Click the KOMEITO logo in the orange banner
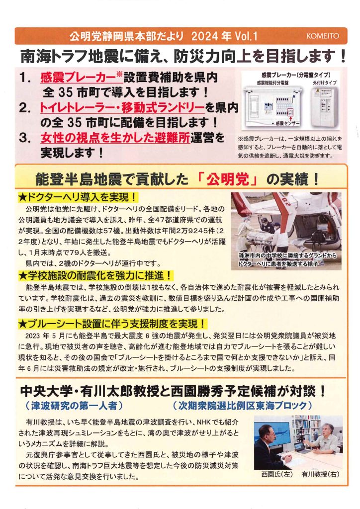click(x=322, y=36)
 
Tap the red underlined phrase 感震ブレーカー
click(x=78, y=77)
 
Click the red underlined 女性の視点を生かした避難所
click(x=115, y=138)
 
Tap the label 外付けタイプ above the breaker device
click(x=325, y=83)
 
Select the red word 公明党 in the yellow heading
click(x=228, y=179)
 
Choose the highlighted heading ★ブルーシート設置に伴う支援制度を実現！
click(x=113, y=323)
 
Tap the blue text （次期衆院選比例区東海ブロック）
click(x=242, y=406)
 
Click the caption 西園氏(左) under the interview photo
click(x=277, y=474)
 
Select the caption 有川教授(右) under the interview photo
click(x=320, y=474)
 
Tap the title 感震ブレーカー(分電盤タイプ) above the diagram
click(x=296, y=75)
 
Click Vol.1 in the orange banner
click(x=246, y=36)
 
